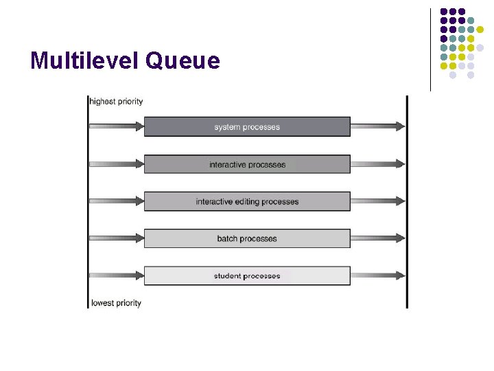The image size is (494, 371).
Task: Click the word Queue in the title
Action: pyautogui.click(x=183, y=61)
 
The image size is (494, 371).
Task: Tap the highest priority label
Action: pyautogui.click(x=117, y=102)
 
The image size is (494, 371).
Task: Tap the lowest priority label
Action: pyautogui.click(x=116, y=303)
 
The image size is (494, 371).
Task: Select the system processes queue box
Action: pyautogui.click(x=247, y=126)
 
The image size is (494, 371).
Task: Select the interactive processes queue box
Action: pyautogui.click(x=247, y=164)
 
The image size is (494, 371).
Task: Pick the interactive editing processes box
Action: pyautogui.click(x=247, y=201)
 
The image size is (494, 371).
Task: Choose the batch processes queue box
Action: pyautogui.click(x=247, y=238)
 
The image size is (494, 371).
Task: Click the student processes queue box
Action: pyautogui.click(x=247, y=276)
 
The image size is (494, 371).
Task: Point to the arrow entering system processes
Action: pyautogui.click(x=117, y=126)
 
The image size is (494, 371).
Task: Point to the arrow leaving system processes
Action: pyautogui.click(x=378, y=126)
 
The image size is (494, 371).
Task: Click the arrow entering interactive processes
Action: pyautogui.click(x=117, y=164)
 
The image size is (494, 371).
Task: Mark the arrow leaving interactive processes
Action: pyautogui.click(x=378, y=164)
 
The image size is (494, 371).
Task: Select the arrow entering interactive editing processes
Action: pyautogui.click(x=117, y=201)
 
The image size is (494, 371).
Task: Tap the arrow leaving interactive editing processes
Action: pyautogui.click(x=378, y=201)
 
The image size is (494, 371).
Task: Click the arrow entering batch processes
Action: pyautogui.click(x=117, y=238)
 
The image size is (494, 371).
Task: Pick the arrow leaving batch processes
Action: pyautogui.click(x=378, y=238)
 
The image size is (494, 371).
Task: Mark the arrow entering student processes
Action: pyautogui.click(x=117, y=276)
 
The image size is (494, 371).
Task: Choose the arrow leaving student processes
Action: pyautogui.click(x=378, y=276)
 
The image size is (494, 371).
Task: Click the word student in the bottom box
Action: pyautogui.click(x=227, y=276)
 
